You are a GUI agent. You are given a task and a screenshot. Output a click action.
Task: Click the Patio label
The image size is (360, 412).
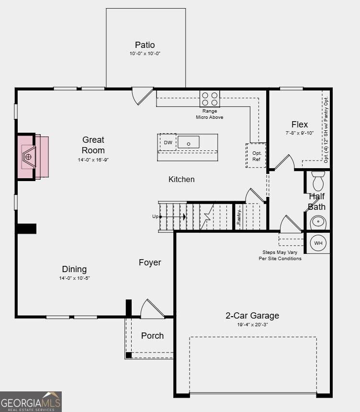click(145, 45)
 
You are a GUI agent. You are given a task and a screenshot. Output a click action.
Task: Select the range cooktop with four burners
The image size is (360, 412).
click(210, 99)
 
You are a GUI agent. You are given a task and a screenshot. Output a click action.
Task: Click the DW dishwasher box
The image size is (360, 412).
click(168, 142)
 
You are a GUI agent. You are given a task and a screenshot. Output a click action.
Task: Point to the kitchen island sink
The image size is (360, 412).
click(189, 142)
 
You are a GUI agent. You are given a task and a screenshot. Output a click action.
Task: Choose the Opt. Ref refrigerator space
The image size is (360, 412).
click(256, 156)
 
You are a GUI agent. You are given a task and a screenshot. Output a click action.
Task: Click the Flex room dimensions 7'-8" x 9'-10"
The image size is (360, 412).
click(300, 133)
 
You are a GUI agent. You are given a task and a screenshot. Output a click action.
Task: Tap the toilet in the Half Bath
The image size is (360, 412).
click(318, 181)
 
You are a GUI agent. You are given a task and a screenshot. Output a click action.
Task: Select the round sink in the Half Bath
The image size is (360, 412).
click(318, 222)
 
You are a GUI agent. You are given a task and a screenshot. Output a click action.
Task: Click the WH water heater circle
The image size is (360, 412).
click(318, 243)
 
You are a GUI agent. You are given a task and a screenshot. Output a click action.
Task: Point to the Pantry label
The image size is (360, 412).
click(239, 217)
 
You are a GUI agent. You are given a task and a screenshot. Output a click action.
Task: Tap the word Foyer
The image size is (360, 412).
click(150, 263)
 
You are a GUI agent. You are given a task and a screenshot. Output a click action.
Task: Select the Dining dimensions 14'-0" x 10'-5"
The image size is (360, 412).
click(74, 278)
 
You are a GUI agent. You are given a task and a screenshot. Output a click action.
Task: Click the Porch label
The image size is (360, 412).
click(152, 336)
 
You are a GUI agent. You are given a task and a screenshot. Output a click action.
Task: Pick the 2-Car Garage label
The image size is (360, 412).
click(252, 315)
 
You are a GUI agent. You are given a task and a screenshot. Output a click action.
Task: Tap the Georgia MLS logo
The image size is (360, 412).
click(31, 401)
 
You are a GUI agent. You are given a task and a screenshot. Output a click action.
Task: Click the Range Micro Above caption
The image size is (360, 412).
click(210, 114)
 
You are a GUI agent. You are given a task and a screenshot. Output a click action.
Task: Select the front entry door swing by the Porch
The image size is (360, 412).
click(152, 309)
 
